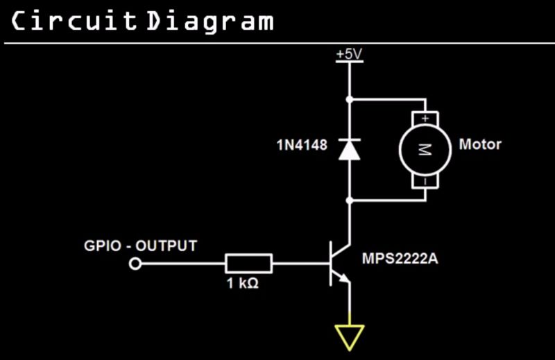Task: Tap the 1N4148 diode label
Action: (302, 146)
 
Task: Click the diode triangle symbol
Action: (349, 149)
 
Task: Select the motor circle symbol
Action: (425, 149)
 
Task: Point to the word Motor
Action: (480, 145)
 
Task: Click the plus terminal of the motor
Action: (425, 119)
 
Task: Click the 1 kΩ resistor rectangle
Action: (248, 264)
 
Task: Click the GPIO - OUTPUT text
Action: (140, 246)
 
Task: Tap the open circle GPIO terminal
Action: (136, 264)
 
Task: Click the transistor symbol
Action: (339, 264)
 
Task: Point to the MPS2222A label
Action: (400, 260)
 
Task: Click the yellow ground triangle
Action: (349, 336)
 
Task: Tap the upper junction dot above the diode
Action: (349, 99)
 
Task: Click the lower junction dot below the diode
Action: (349, 200)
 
